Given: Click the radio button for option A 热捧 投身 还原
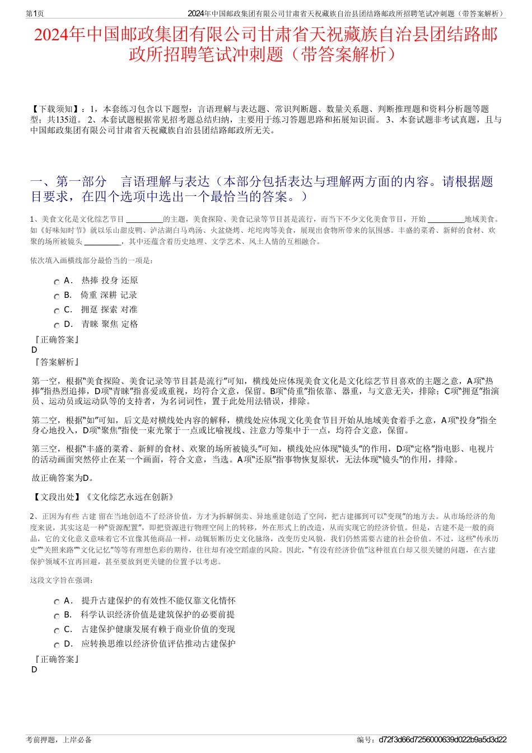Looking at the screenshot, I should [57, 282].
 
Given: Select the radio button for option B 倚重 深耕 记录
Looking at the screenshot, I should [57, 296].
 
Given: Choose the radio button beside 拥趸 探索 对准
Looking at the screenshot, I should [57, 311].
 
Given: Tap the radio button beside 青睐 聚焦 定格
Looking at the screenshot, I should [57, 325].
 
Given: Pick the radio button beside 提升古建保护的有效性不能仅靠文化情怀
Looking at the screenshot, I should [57, 602].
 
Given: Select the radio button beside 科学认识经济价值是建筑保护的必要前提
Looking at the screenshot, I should [57, 616].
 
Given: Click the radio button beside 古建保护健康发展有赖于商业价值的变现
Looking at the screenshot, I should [57, 630].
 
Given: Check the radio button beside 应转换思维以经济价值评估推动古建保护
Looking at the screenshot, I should [57, 645].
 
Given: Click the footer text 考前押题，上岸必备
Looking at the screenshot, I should [59, 740].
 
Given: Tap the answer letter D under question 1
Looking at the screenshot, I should [35, 350].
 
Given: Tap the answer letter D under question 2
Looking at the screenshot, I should [35, 670].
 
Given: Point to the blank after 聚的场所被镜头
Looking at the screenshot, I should [102, 243].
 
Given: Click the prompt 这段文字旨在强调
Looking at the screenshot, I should [62, 580].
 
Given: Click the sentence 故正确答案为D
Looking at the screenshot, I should [63, 478].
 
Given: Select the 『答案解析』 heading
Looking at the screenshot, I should [56, 362].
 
